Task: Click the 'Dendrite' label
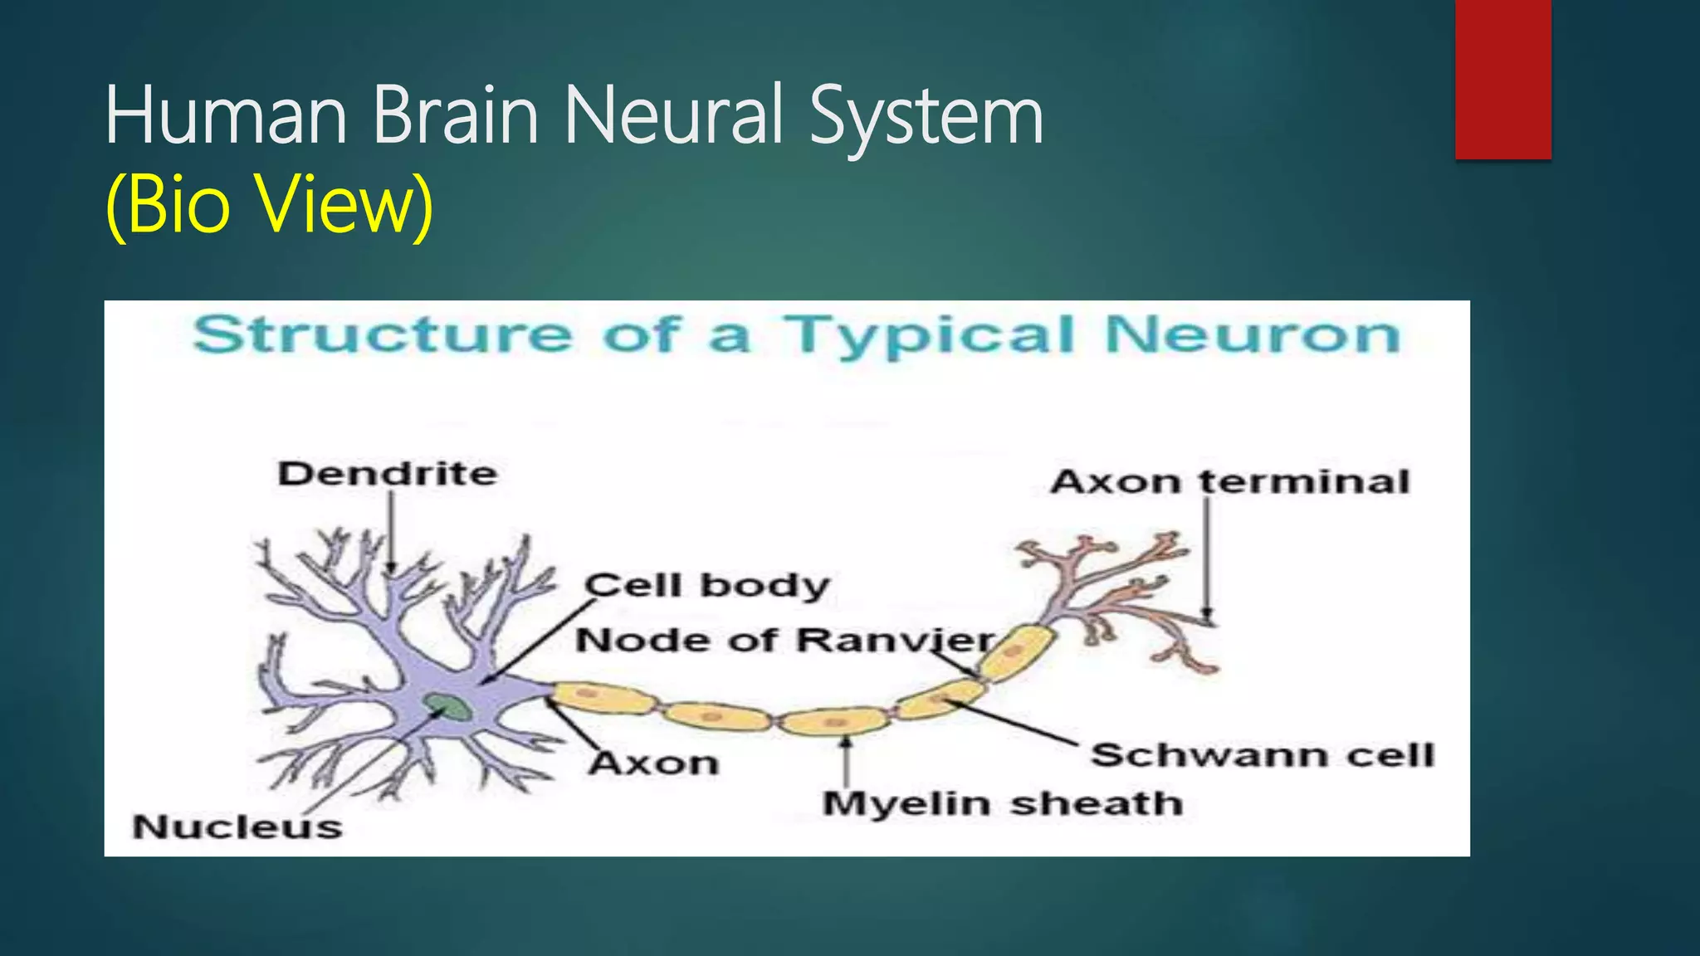coord(388,474)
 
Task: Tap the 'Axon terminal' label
coord(1229,481)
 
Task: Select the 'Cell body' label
coord(707,585)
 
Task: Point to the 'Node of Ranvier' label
coord(785,640)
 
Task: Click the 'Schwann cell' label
coord(1262,755)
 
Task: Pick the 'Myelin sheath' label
coord(1002,803)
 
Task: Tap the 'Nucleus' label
coord(237,827)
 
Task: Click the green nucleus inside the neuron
coord(448,707)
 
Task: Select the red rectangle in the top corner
coord(1502,80)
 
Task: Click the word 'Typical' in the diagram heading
coord(930,336)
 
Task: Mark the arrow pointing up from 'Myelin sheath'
coord(846,761)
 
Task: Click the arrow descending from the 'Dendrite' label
coord(391,531)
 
